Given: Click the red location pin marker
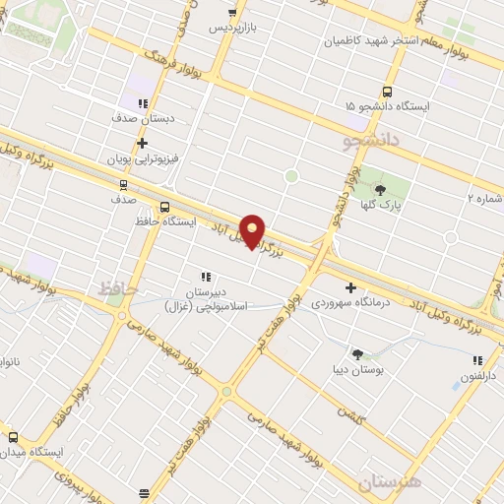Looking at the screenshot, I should tap(253, 230).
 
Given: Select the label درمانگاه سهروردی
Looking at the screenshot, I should tap(351, 303).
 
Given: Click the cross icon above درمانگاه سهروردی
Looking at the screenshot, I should tap(351, 286).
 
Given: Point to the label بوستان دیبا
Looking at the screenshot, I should tap(357, 371).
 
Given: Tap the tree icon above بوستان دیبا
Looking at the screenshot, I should tap(357, 354).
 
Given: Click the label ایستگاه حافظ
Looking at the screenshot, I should tap(164, 222).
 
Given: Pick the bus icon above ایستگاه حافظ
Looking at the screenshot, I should tap(164, 207).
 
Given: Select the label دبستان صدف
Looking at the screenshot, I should tap(144, 118).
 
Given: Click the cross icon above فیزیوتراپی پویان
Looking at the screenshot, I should tap(143, 143).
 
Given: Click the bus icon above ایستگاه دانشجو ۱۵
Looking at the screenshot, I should tap(350, 105).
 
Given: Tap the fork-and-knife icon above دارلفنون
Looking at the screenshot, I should tap(477, 360).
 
